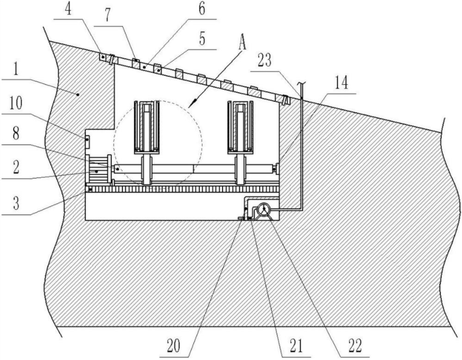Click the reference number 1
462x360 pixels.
[16, 69]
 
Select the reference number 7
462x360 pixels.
[107, 15]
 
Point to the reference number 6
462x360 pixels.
[202, 8]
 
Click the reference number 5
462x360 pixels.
[202, 39]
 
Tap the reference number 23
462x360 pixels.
[264, 61]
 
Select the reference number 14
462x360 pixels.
[341, 83]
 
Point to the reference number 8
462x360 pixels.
[16, 133]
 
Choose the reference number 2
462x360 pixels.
[16, 168]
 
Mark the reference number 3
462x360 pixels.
[16, 204]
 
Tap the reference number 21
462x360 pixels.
[295, 346]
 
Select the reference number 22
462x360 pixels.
[355, 346]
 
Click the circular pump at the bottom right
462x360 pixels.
[264, 210]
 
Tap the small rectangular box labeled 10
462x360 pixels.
[87, 139]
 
